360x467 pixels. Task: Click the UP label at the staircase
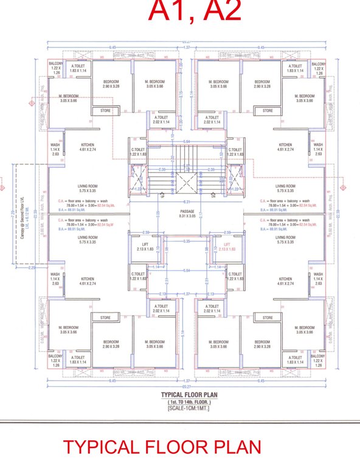pyautogui.click(x=162, y=196)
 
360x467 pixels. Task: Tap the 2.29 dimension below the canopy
pyautogui.click(x=31, y=267)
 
